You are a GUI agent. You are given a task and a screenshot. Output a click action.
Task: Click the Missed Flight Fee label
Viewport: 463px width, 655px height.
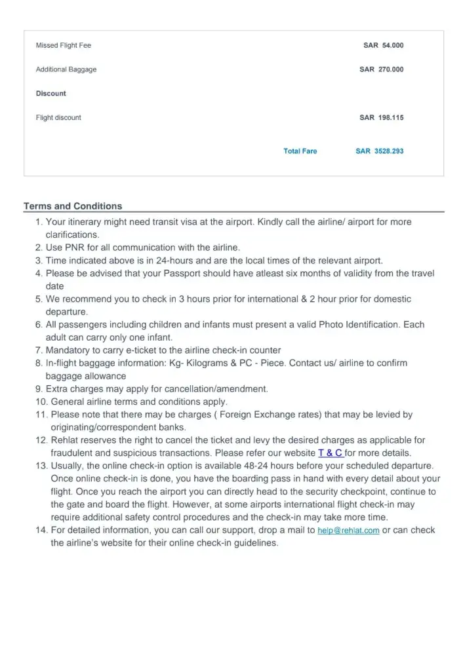pos(64,46)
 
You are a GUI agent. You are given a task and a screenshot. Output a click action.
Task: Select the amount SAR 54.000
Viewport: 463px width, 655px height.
pos(383,46)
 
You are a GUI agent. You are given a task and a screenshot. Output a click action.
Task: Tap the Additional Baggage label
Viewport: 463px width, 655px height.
pos(66,69)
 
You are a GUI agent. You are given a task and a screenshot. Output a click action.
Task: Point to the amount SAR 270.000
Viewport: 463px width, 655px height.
pos(382,69)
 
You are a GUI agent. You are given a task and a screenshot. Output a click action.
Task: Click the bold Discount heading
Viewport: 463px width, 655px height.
pos(51,94)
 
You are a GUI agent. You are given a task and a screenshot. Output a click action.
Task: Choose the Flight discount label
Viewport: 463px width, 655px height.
pos(58,118)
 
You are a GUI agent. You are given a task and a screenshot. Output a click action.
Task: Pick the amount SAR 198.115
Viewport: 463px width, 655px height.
pos(382,118)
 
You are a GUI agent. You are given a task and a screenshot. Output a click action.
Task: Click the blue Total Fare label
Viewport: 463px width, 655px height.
pos(300,151)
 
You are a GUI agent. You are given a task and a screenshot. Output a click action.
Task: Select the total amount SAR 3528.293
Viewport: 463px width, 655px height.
pos(379,151)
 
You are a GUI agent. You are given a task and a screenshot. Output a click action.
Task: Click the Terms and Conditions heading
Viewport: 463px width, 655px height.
pos(73,206)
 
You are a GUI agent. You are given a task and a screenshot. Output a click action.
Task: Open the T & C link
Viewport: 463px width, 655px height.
pos(331,453)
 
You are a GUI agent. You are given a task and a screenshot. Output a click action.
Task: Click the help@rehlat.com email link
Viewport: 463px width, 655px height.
pos(348,531)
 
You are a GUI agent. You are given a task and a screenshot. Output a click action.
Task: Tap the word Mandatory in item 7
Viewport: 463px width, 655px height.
pos(71,350)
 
